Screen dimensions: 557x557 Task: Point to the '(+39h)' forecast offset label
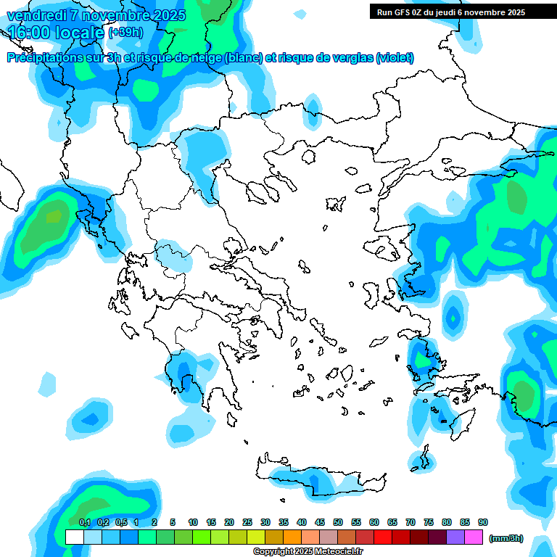pos(125,32)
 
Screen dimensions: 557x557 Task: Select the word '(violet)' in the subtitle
pos(395,58)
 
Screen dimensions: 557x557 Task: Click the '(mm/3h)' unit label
pos(506,538)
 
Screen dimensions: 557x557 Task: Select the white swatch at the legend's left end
pos(75,537)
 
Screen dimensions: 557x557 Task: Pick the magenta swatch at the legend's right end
pos(474,537)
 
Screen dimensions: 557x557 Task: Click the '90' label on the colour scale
pos(483,522)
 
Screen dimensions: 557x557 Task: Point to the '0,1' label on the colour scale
pos(85,522)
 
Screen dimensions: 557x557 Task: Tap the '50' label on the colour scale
pos(338,522)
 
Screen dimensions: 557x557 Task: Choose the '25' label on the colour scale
pos(247,522)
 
